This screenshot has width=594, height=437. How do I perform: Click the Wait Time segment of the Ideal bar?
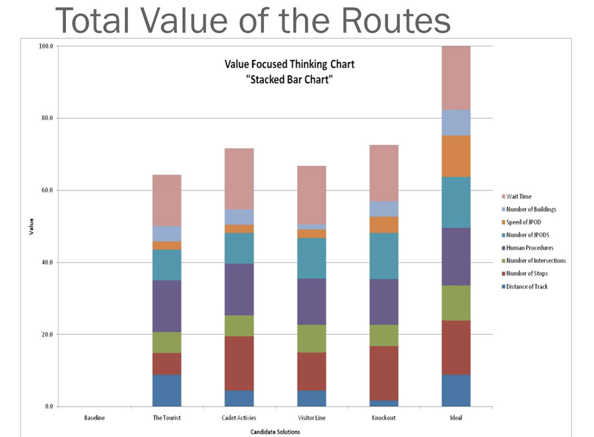coord(456,78)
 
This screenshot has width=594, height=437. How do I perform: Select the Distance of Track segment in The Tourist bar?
coord(166,390)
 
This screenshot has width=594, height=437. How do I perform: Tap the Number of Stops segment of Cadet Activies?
coord(239,363)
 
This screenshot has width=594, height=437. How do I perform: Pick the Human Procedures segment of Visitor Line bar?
coord(312,301)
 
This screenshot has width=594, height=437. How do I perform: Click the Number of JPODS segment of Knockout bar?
coord(383,256)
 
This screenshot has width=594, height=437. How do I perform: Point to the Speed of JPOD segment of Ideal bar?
coord(456,156)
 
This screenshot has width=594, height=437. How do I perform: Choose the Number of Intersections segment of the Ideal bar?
coord(456,303)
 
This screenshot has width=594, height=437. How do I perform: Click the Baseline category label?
coord(94,417)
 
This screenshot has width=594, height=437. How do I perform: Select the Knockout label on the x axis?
coord(383,417)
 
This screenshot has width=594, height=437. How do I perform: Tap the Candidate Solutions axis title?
coord(275,432)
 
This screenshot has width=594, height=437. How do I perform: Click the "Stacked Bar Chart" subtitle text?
coord(289,80)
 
